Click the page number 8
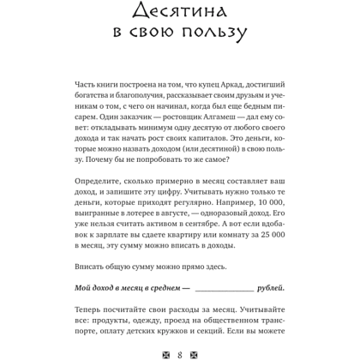[179, 351]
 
